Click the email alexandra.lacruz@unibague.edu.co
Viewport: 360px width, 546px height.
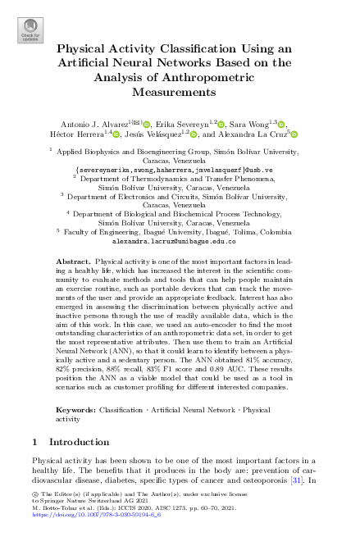click(x=180, y=242)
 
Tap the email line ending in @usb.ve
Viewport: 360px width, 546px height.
click(x=180, y=169)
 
